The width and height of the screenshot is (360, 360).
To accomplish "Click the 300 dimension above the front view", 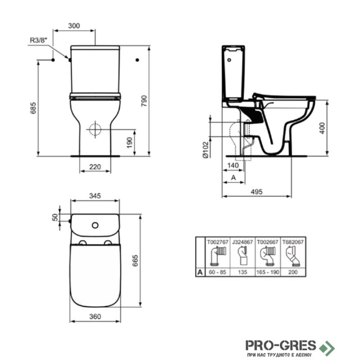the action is [x=74, y=26].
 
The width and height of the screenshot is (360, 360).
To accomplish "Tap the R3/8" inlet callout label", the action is [x=38, y=40].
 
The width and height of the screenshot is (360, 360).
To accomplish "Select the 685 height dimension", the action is [x=33, y=108].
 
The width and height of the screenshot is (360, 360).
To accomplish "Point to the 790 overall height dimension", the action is [x=144, y=101].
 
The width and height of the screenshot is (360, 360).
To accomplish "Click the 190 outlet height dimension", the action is [x=130, y=143].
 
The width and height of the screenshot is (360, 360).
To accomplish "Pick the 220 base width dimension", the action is [x=95, y=166].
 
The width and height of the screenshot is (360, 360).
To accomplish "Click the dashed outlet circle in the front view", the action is [x=95, y=130].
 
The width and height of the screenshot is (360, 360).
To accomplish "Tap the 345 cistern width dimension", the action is [x=95, y=196].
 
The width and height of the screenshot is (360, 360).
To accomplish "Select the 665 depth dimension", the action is [x=135, y=261].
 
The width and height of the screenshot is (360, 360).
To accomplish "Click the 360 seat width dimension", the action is [x=95, y=316].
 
